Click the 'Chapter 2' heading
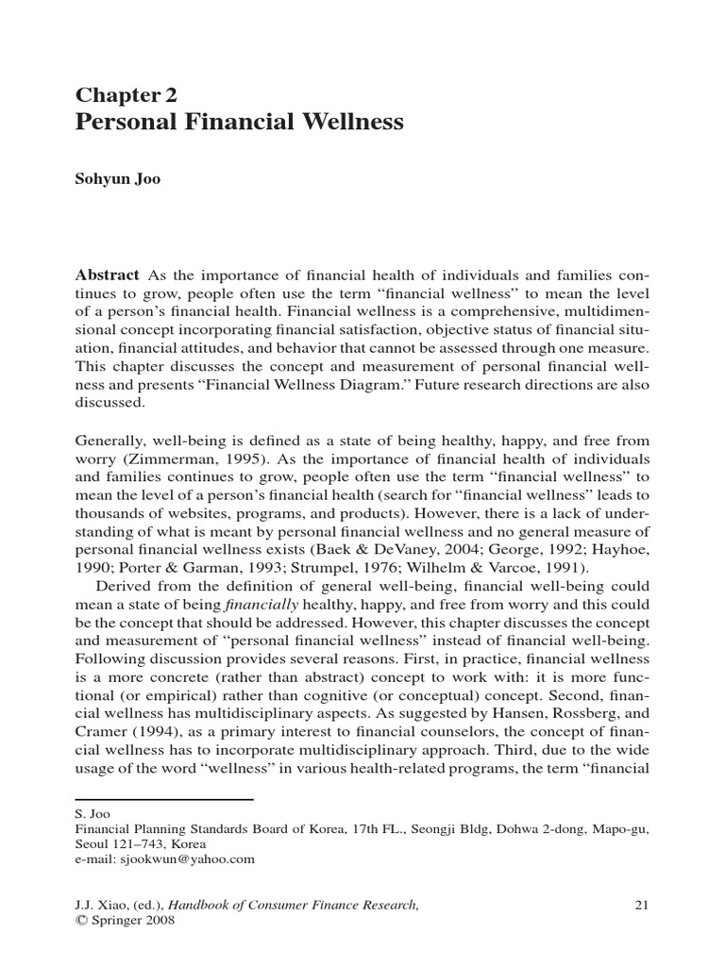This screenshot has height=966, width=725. [x=126, y=95]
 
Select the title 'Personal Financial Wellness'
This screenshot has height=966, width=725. [x=239, y=123]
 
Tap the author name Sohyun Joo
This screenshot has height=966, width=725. [x=118, y=179]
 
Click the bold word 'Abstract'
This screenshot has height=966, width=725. [x=107, y=275]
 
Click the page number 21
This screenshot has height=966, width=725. [x=641, y=906]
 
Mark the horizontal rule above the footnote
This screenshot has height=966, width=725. [x=164, y=800]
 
